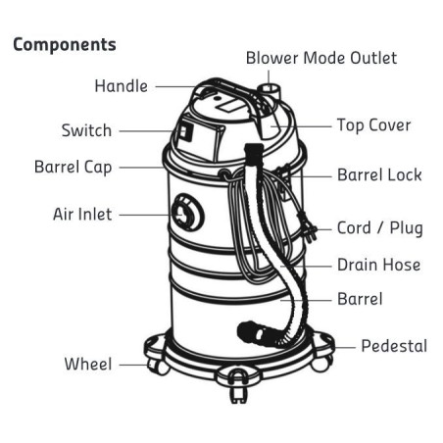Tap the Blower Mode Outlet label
pos(320,58)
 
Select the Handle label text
pos(121,86)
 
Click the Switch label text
pos(86,130)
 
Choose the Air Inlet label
pos(82,213)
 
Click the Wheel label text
pos(88,364)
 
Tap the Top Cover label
pos(373,125)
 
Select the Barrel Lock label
pos(379,175)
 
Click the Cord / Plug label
pos(379,228)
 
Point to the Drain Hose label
pos(378,265)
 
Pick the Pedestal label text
pos(394,346)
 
